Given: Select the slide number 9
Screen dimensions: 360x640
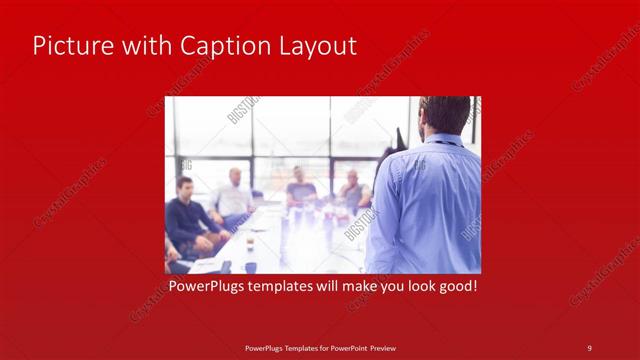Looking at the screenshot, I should (x=589, y=348).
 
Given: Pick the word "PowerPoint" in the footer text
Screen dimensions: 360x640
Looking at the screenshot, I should (x=346, y=348).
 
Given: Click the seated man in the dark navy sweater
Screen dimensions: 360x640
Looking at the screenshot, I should (x=186, y=215).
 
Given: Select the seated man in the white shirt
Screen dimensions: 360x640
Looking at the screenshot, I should (x=233, y=196).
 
